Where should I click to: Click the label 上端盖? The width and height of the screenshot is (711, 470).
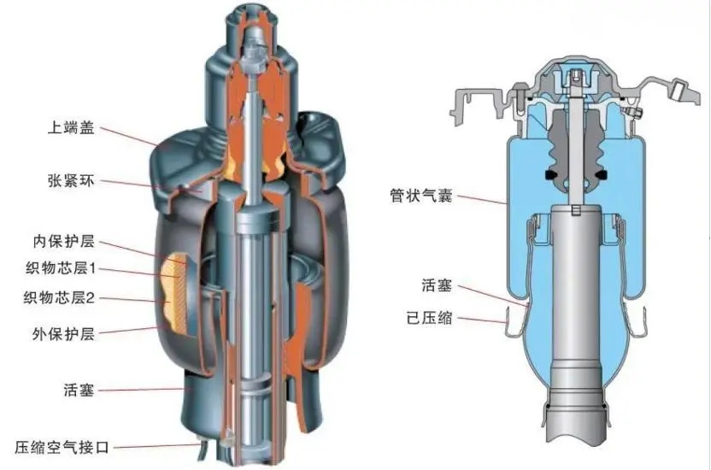coord(71,128)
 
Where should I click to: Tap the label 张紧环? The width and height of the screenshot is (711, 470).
coord(71,181)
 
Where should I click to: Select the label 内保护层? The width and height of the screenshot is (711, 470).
coord(63,241)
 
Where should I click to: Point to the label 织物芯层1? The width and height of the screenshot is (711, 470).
coord(61,269)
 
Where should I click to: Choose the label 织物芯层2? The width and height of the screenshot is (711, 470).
coord(59,298)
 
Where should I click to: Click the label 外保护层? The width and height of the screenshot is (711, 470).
coord(63,334)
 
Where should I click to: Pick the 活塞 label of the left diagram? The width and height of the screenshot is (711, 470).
coord(79,390)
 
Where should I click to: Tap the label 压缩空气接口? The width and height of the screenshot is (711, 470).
coord(62,447)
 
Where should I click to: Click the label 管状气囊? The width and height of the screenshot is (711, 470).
coord(421,196)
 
